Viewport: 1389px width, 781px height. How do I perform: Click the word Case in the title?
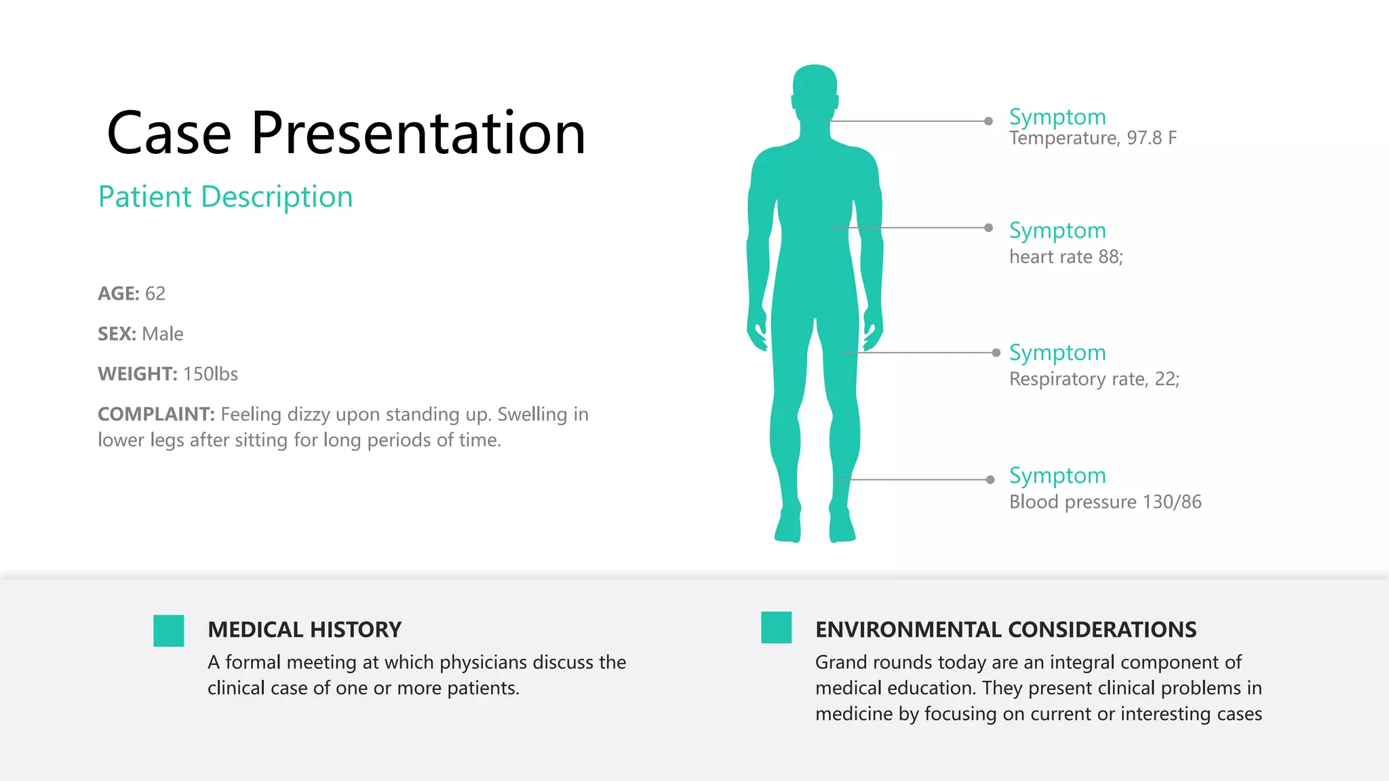click(169, 134)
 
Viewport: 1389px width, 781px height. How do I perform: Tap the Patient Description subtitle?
click(225, 197)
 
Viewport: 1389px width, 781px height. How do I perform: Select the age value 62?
click(155, 294)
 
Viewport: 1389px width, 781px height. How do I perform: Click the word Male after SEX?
click(163, 334)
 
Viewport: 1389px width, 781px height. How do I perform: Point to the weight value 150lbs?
click(210, 374)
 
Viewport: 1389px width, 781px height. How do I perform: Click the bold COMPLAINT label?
click(156, 414)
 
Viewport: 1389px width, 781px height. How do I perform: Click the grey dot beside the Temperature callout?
click(989, 121)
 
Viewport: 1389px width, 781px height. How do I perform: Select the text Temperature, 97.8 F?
click(1093, 138)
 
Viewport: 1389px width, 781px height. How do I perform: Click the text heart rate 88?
click(1065, 257)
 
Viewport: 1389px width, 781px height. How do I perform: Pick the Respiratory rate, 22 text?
click(1094, 379)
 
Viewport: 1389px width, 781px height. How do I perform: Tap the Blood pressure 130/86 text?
click(1105, 502)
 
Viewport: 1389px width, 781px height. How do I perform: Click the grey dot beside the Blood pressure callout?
click(990, 480)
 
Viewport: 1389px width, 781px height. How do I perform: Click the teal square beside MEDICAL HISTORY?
click(169, 630)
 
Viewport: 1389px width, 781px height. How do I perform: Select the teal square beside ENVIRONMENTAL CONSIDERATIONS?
click(777, 627)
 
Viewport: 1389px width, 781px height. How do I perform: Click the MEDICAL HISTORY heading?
click(305, 630)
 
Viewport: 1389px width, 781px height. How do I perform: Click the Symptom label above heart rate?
click(1057, 231)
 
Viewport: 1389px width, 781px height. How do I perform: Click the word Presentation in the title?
click(418, 134)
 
